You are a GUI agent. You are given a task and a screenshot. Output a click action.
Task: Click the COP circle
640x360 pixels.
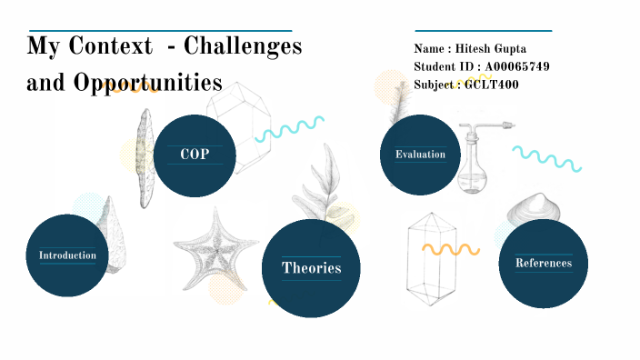point(195,155)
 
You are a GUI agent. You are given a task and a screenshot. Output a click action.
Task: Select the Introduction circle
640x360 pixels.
point(67,255)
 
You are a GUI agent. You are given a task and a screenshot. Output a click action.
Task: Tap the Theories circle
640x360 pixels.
point(311,268)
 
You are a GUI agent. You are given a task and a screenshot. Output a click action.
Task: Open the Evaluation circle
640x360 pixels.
point(420,155)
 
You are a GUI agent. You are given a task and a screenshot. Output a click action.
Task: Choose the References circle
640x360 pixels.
point(544,264)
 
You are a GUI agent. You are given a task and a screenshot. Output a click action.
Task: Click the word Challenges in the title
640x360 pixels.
point(244,46)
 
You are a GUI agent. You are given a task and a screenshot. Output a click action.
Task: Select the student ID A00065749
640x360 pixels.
point(516,66)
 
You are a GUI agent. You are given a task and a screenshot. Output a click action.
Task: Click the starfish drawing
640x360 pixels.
point(215,243)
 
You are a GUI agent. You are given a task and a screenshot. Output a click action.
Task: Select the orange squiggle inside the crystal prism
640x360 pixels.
point(450,248)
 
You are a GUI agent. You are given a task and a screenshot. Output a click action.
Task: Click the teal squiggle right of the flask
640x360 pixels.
point(545,158)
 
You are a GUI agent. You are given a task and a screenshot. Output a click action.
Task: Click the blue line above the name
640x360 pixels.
point(483,30)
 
